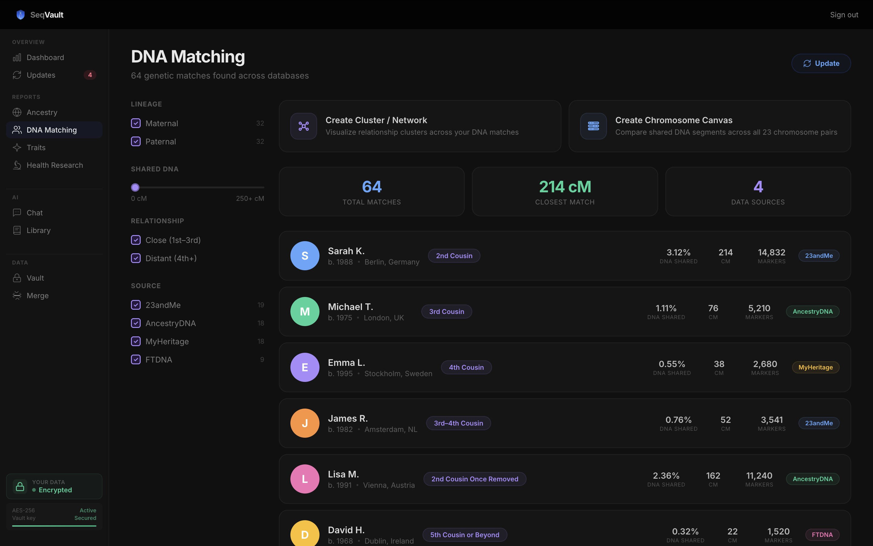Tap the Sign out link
[844, 15]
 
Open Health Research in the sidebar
[55, 165]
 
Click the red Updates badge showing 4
[90, 75]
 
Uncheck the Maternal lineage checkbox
[135, 123]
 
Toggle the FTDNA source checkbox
[135, 360]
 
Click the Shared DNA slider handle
[135, 187]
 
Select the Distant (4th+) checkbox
[135, 258]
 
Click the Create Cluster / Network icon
[303, 126]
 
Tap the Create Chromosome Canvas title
[674, 120]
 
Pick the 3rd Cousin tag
[446, 312]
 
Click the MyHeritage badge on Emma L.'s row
[815, 367]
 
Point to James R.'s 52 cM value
[725, 420]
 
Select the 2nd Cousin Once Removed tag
[474, 479]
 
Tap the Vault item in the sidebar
[35, 278]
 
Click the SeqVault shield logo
[21, 15]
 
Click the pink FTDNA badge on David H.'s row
[822, 535]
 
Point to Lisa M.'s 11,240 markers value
[759, 476]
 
